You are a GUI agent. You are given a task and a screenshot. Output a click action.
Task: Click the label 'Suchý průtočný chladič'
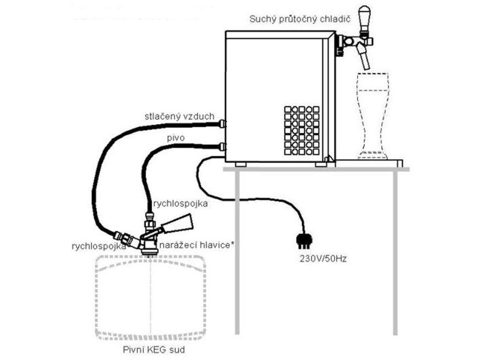pos(300,19)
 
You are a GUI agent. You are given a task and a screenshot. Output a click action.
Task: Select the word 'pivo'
pos(175,139)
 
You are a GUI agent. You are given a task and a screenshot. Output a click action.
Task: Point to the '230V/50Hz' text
pos(323,258)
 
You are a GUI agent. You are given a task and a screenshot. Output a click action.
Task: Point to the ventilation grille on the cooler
pos(302,131)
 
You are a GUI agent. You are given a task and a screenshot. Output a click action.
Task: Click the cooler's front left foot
pos(241,164)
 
